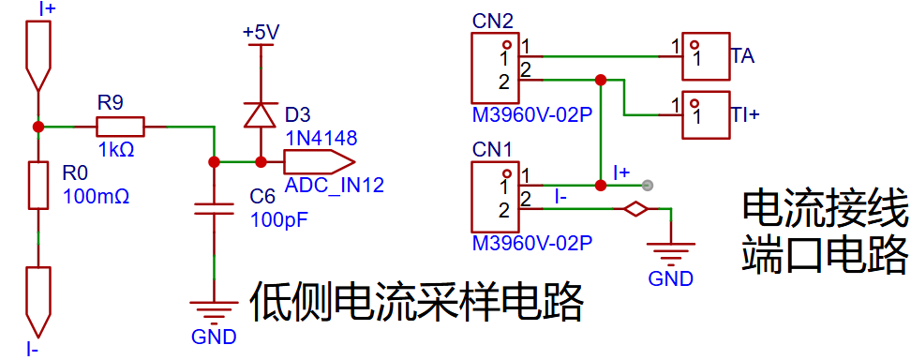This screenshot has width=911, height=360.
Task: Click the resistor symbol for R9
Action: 120,127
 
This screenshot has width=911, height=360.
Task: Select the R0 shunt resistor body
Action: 37,186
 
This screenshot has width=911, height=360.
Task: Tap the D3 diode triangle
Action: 260,114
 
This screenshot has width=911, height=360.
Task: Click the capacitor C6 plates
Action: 214,209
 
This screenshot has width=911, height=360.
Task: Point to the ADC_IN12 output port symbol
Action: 319,161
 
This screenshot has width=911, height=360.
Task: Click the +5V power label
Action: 261,33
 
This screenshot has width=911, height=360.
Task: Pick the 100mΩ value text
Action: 96,197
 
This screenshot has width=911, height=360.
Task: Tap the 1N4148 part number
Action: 321,138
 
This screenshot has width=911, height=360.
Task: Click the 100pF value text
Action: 278,220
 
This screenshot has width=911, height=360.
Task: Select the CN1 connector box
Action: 494,197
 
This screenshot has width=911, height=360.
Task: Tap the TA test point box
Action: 706,56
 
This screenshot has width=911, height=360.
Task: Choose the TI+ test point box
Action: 706,114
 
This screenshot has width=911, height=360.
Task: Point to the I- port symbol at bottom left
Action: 37,302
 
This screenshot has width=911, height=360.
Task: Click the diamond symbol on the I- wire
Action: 636,209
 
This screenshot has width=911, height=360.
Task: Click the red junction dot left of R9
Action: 37,127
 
